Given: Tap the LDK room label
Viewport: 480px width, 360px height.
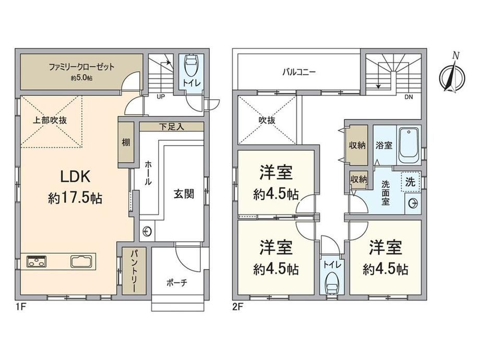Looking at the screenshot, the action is (x=75, y=177).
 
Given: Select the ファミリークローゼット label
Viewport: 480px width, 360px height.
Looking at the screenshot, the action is (x=82, y=67).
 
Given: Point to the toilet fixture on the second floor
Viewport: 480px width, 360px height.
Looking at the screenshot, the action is (x=332, y=285).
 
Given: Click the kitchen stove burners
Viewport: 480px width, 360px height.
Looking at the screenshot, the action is (x=37, y=261).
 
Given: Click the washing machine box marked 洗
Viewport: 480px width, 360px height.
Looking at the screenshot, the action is (x=411, y=182).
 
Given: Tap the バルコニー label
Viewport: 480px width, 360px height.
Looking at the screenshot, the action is (x=299, y=72).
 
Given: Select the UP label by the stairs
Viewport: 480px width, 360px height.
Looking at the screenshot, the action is (x=161, y=97).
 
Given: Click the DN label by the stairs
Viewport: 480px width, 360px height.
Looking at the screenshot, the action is (x=409, y=97).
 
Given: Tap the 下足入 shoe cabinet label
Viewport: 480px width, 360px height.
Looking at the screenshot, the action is (x=172, y=127).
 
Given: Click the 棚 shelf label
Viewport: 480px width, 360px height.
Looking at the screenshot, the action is (x=126, y=142).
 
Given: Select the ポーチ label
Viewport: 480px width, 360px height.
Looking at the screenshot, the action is (x=177, y=283).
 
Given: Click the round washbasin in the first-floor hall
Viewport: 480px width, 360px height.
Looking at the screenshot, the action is (x=147, y=231).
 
